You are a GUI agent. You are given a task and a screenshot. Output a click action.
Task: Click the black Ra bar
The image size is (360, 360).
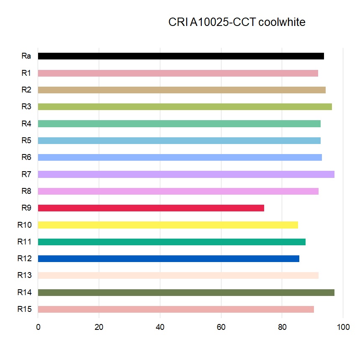coord(181,56)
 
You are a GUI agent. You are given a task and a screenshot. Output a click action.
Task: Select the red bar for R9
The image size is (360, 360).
coord(151,208)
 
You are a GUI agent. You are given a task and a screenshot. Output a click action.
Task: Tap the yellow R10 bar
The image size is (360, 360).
coord(168,225)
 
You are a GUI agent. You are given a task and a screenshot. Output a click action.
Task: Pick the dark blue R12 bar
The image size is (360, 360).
coord(168,259)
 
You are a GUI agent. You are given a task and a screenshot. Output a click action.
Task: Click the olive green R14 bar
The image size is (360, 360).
coord(186,293)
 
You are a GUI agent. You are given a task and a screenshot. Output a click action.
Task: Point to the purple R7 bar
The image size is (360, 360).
coord(186,174)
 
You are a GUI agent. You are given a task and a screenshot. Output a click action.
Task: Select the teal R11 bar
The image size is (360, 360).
coord(172,242)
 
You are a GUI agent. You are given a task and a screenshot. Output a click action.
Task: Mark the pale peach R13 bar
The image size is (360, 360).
coord(178,275)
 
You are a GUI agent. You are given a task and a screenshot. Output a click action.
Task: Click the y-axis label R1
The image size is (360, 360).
coord(26,73)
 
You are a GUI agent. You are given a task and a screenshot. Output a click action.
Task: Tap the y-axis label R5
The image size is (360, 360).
coord(26,141)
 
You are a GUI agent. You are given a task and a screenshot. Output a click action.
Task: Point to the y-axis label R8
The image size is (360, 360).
coord(26,191)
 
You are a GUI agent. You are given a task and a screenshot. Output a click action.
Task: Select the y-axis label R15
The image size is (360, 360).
coord(24,309)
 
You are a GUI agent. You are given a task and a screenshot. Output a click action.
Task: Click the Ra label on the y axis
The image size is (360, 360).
coord(26,56)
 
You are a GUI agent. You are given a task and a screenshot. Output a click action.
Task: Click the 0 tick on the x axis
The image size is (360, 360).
coord(38,327)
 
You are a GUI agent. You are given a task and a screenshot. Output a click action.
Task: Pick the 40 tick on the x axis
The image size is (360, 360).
coord(160,327)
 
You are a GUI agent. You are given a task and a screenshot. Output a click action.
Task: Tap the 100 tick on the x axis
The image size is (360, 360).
coord(343,327)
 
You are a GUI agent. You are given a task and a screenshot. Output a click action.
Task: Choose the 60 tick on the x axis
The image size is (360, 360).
coord(221,327)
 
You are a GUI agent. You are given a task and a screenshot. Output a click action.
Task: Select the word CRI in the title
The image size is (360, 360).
coord(178,22)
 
